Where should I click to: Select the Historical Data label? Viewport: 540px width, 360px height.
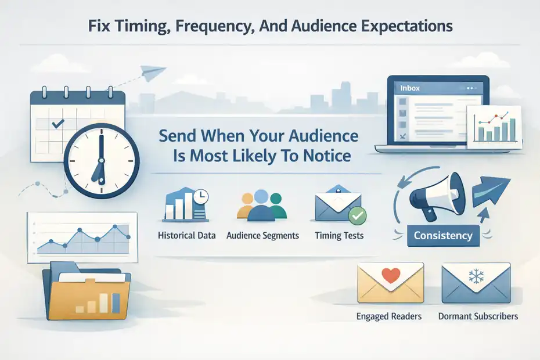point(186,236)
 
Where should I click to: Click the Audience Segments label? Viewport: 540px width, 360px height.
point(262,236)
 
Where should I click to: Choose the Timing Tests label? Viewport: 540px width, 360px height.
point(339,236)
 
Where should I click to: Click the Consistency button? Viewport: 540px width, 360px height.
point(443,236)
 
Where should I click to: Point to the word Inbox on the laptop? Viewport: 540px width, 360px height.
point(410,88)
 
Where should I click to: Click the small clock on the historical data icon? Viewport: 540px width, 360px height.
point(200,198)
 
